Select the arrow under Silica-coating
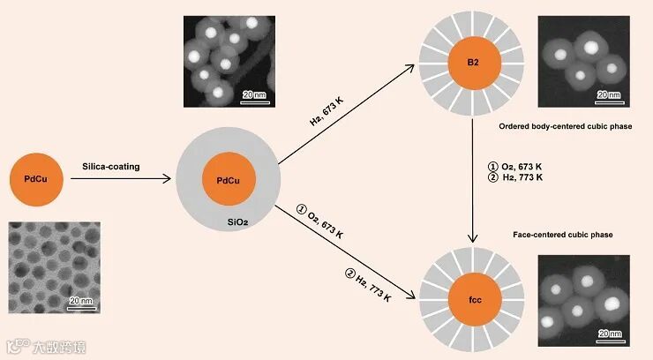[124, 179]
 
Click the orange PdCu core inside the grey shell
[229, 180]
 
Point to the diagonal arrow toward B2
[353, 110]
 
